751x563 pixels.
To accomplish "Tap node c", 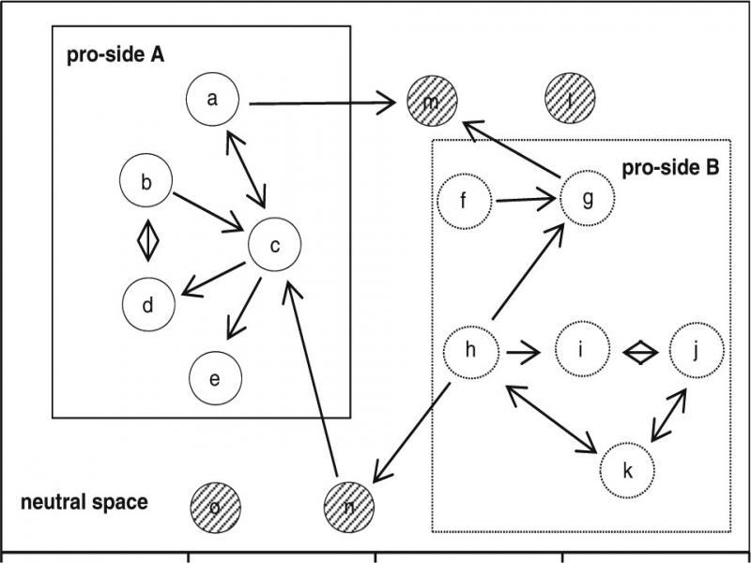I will point(274,246).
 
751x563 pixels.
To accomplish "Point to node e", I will point(215,378).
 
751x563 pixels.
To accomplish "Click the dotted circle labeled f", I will point(464,200).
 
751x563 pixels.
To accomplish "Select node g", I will point(587,198).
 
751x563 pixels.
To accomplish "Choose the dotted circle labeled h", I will point(470,351).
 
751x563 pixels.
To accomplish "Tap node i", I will point(581,351).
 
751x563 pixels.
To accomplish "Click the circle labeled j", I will point(697,350).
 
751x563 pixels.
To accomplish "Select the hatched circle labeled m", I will point(432,101).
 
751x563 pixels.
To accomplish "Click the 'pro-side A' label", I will point(115,54).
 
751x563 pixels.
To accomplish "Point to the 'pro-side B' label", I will point(670,168).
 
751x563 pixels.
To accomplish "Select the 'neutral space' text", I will point(84,503).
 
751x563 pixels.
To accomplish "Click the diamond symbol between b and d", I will point(147,240).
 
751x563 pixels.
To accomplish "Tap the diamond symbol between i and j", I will point(639,352).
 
